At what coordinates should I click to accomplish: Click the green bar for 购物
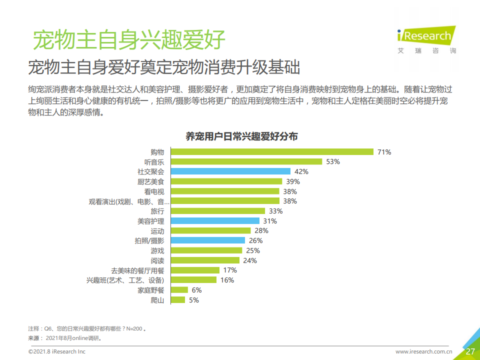click(272, 151)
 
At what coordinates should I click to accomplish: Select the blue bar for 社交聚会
click(230, 171)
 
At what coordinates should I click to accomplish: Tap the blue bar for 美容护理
click(215, 221)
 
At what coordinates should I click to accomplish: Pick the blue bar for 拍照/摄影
click(207, 240)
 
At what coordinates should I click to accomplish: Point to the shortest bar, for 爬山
click(178, 300)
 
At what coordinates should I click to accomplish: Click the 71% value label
click(384, 152)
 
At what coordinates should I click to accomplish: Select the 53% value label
click(333, 161)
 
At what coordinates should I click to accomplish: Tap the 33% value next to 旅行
click(276, 211)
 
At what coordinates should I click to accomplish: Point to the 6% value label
click(196, 290)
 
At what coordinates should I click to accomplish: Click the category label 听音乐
click(154, 162)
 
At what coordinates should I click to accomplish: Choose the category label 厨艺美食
click(150, 181)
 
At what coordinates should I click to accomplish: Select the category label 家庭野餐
click(150, 290)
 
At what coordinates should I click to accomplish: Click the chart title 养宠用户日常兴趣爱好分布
click(242, 136)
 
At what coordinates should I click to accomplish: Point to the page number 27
click(470, 351)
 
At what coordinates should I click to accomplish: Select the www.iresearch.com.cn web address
click(423, 352)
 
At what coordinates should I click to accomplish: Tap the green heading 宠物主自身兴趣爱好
click(128, 39)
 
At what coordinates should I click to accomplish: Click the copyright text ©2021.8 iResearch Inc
click(56, 352)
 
